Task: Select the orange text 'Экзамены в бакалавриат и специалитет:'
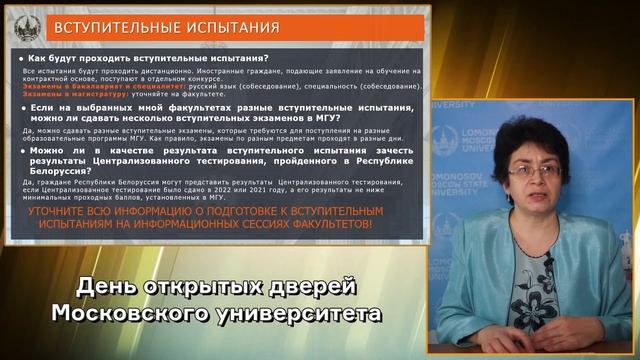tap(89, 86)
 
